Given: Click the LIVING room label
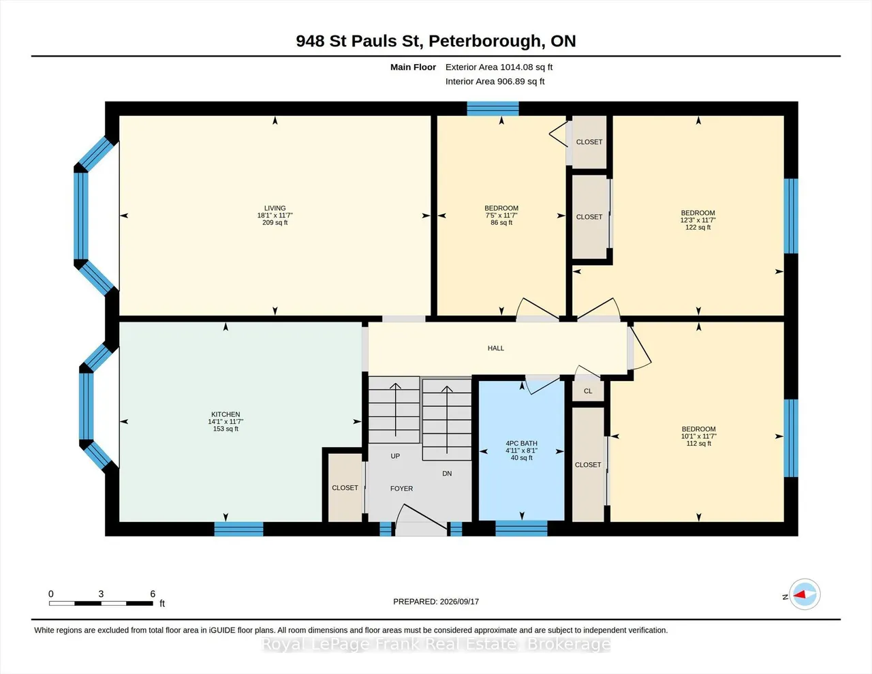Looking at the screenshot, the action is (x=275, y=208).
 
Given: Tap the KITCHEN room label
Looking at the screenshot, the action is (x=225, y=414).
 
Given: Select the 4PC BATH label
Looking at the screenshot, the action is (x=521, y=443).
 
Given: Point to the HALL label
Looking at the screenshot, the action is (x=495, y=348).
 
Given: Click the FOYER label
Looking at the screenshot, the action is (x=401, y=489).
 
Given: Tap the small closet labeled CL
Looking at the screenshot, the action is (x=588, y=391).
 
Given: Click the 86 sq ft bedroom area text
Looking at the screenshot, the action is (x=501, y=222).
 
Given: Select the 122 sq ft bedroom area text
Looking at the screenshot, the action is (x=698, y=227).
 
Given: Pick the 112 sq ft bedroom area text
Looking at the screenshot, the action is (x=699, y=443).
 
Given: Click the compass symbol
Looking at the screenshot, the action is (x=804, y=594).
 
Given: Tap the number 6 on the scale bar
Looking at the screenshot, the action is (x=153, y=594).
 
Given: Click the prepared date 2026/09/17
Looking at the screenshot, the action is (x=459, y=601).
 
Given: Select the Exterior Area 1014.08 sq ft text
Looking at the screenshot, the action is (x=499, y=67).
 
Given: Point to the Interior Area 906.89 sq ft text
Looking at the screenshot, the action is (x=495, y=82).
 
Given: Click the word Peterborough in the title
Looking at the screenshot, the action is (x=485, y=42).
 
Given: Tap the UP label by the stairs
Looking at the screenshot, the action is (x=395, y=456).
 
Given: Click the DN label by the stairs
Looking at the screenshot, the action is (x=447, y=474).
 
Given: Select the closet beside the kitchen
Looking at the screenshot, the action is (x=345, y=488).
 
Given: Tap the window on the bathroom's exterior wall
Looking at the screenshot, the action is (x=521, y=528).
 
